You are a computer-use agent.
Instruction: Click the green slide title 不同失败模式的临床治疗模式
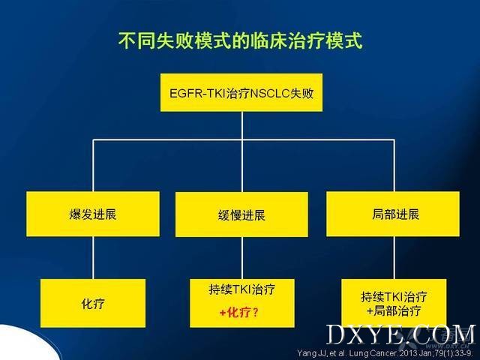click(x=241, y=40)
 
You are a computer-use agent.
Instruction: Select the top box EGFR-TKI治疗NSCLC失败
click(x=241, y=92)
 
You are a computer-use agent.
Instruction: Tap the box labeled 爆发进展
click(x=93, y=214)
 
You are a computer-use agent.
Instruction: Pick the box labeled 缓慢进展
click(x=241, y=214)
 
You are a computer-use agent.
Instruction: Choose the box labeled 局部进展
click(x=393, y=214)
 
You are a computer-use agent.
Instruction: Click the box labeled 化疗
click(x=93, y=303)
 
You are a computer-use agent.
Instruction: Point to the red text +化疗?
click(x=239, y=313)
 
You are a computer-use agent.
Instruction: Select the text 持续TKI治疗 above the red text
click(x=241, y=289)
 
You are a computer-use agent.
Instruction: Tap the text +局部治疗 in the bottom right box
click(x=394, y=311)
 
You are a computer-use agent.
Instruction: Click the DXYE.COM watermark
click(x=401, y=334)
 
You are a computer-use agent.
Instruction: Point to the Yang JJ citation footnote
click(x=385, y=353)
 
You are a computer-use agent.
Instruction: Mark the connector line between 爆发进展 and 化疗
click(x=93, y=257)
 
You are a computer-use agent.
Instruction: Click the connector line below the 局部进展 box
click(x=394, y=257)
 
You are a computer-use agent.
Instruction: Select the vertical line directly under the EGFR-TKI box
click(x=241, y=125)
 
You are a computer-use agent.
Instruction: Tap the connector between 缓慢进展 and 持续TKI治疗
click(x=241, y=258)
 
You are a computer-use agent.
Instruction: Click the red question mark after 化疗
click(x=256, y=313)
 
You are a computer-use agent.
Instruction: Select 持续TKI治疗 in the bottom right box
click(x=394, y=297)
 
